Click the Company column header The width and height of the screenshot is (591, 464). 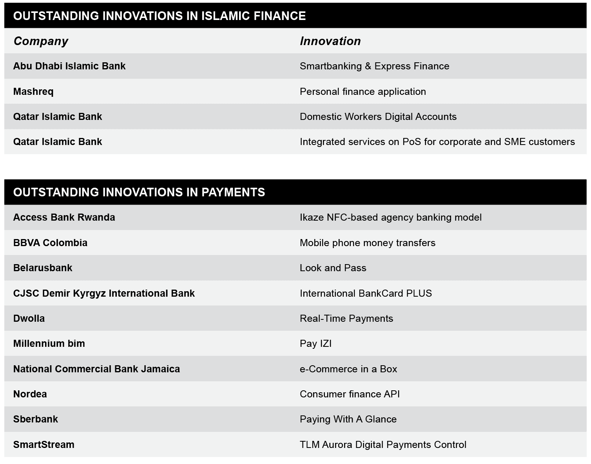(41, 41)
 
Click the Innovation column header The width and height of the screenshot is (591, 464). (330, 41)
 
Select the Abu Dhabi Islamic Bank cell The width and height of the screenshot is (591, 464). (69, 66)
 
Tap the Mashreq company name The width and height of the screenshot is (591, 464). (33, 92)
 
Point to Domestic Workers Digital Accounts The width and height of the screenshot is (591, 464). (378, 117)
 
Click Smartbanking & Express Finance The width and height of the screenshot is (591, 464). (374, 66)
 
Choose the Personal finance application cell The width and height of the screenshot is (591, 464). (363, 92)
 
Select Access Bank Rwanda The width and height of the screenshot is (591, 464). (64, 217)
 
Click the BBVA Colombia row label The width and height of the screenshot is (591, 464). (50, 243)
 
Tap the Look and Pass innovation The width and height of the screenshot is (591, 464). (333, 268)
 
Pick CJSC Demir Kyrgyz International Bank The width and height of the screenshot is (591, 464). (104, 294)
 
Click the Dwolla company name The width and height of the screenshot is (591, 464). (29, 319)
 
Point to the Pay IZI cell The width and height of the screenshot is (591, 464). (315, 344)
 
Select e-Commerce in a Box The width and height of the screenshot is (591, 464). (348, 369)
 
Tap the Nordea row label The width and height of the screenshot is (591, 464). (30, 394)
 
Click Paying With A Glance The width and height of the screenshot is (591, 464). (348, 419)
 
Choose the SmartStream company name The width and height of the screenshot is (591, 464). (44, 445)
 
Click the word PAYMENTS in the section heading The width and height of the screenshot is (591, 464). (233, 192)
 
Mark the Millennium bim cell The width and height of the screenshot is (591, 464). (49, 344)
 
